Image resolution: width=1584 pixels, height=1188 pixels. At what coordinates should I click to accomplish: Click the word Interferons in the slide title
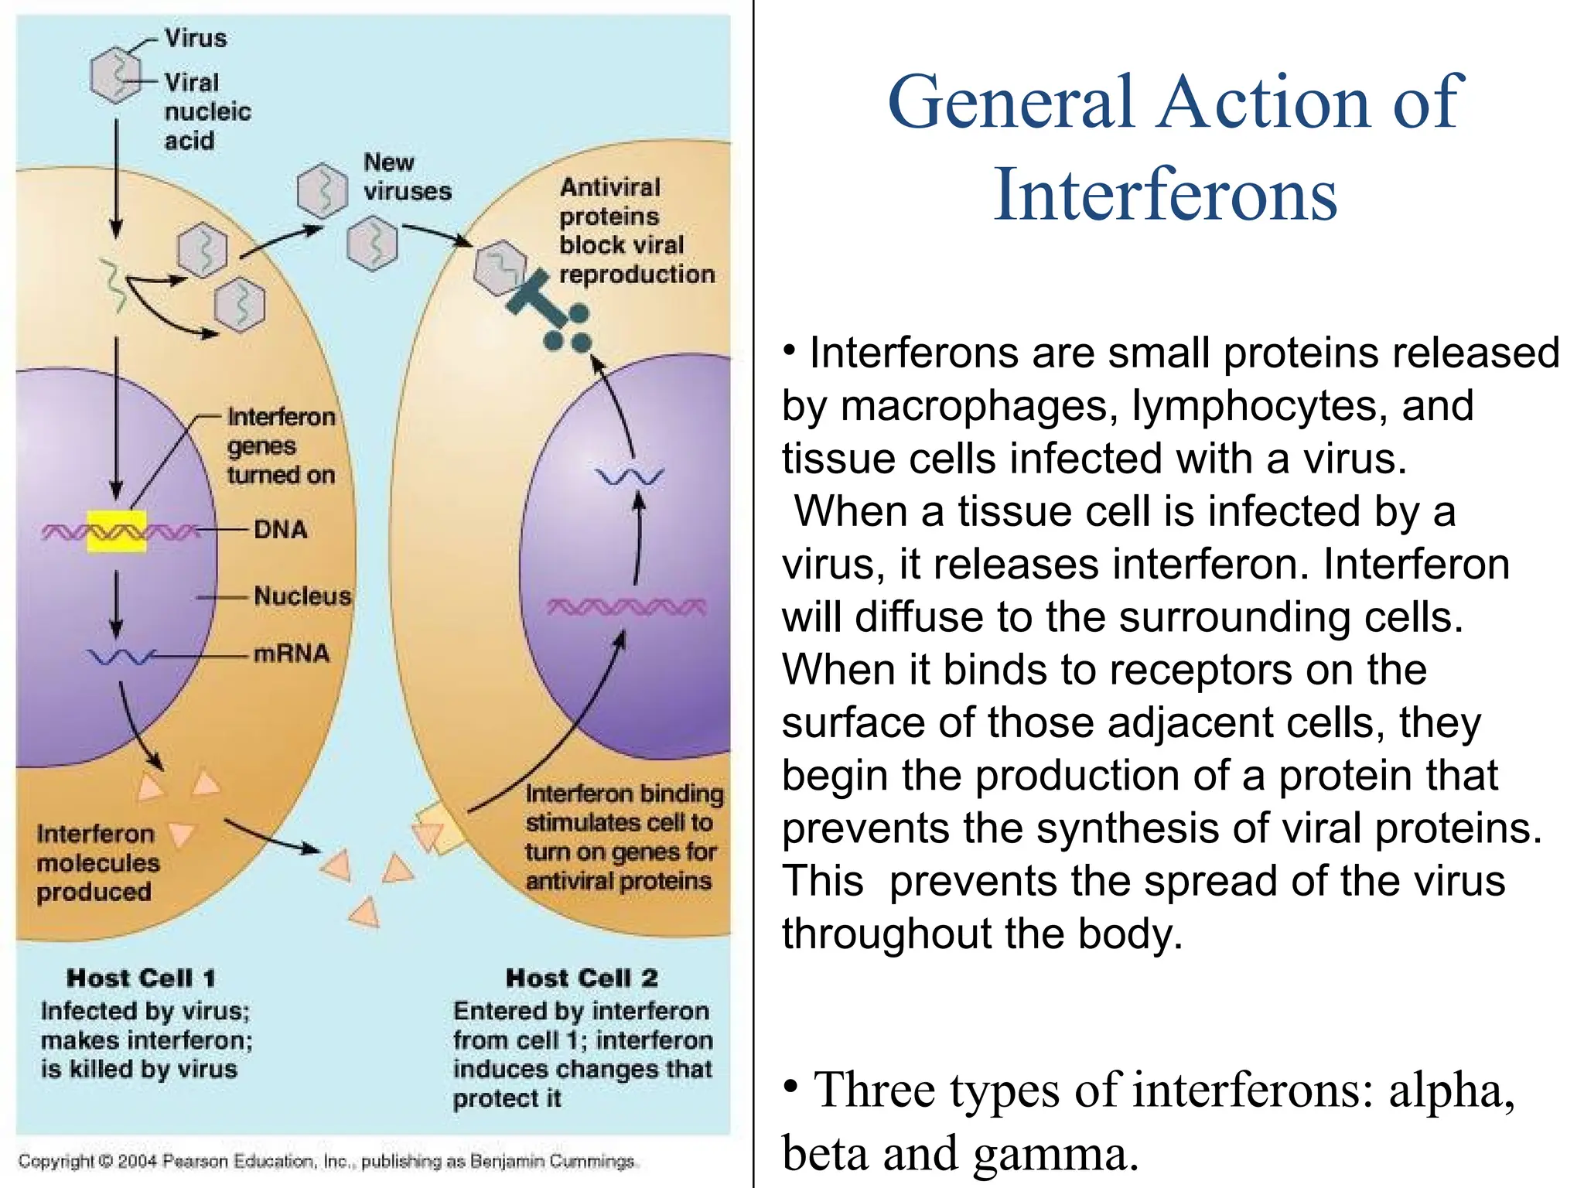coord(1165,195)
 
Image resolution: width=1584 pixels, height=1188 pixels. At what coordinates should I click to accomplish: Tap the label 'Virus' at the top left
coord(196,38)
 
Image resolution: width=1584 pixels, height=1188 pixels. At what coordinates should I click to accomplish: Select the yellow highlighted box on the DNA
coord(116,531)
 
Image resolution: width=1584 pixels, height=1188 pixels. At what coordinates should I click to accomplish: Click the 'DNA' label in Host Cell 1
coord(280,530)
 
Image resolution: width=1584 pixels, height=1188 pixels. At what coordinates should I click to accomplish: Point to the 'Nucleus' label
coord(302,596)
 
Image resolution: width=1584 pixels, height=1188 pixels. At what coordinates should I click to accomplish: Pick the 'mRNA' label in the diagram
coord(292,654)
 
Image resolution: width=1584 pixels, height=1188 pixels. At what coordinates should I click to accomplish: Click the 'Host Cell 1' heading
coord(141,978)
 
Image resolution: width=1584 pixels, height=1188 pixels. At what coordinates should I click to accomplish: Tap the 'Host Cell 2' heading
coord(582,978)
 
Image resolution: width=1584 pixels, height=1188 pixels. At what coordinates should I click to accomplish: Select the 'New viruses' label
coord(406,177)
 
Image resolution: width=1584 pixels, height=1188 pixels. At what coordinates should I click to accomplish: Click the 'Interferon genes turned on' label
coord(281,446)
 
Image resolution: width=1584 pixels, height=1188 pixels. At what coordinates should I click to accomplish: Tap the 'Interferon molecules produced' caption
coord(97,863)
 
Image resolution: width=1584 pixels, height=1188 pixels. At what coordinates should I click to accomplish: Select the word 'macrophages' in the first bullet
coord(979,406)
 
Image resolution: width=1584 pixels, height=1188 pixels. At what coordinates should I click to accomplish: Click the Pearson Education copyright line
coord(326,1161)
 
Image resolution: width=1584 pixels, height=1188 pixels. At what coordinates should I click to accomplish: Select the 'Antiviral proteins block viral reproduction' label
coord(635,230)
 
